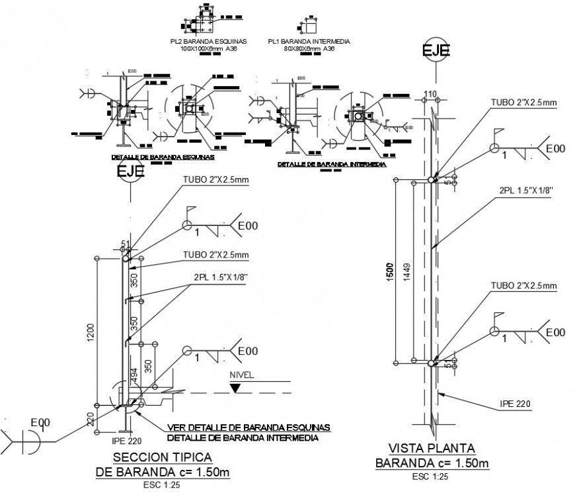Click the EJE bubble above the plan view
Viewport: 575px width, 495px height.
(436, 52)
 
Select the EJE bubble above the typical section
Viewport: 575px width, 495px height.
(130, 171)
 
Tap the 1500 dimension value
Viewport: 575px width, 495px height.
(391, 271)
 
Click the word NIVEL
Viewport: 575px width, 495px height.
(241, 375)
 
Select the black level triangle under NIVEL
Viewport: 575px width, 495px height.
(236, 387)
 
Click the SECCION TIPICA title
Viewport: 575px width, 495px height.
(163, 457)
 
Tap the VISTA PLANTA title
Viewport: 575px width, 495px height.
(432, 449)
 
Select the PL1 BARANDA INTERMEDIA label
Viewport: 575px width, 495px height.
(309, 42)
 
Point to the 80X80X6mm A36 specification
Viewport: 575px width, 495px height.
(309, 49)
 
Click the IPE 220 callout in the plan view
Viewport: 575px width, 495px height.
(514, 403)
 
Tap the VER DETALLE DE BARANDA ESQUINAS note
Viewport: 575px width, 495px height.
(249, 427)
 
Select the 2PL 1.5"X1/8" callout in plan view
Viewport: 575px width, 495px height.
(525, 190)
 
